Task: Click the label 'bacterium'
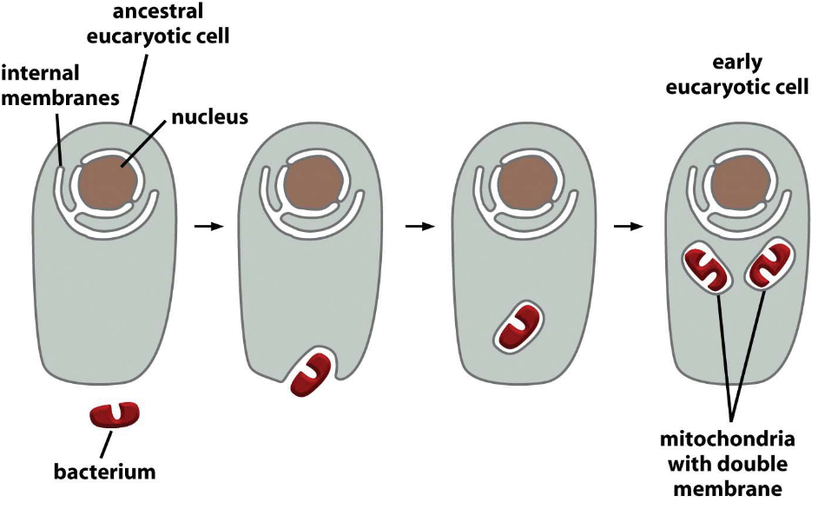(x=104, y=473)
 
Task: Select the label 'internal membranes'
(x=60, y=84)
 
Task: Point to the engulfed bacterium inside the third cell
(x=519, y=327)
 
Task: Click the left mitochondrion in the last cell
(x=706, y=269)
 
